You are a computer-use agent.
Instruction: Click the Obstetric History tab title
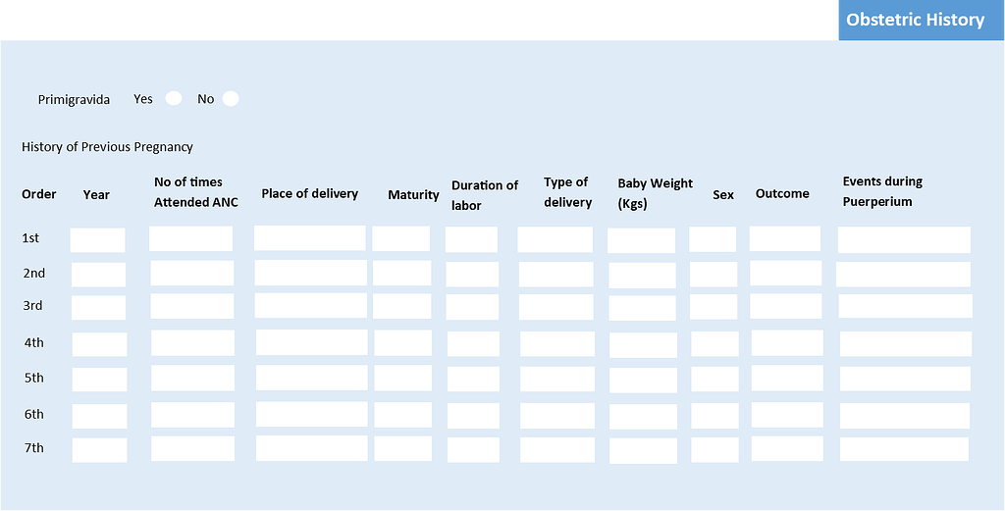pyautogui.click(x=915, y=20)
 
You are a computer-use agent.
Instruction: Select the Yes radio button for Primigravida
pyautogui.click(x=174, y=98)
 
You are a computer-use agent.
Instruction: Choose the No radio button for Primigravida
pyautogui.click(x=231, y=98)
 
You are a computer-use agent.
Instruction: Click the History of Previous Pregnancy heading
pyautogui.click(x=107, y=147)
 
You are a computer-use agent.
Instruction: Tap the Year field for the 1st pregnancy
pyautogui.click(x=97, y=240)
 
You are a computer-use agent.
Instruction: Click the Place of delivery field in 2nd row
pyautogui.click(x=310, y=273)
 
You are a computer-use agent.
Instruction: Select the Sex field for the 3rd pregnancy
pyautogui.click(x=714, y=307)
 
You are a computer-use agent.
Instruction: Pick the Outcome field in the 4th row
pyautogui.click(x=787, y=342)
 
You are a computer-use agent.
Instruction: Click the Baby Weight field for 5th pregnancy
pyautogui.click(x=643, y=380)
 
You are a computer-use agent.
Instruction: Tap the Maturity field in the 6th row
pyautogui.click(x=402, y=415)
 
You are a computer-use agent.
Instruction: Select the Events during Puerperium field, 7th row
pyautogui.click(x=904, y=449)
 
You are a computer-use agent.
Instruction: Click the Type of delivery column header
pyautogui.click(x=567, y=192)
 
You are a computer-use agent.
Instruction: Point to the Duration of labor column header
pyautogui.click(x=484, y=195)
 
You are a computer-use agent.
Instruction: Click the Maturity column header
pyautogui.click(x=413, y=195)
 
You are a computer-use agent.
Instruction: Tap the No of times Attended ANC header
pyautogui.click(x=195, y=192)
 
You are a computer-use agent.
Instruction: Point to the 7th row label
pyautogui.click(x=34, y=448)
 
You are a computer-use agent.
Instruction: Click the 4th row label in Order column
pyautogui.click(x=34, y=342)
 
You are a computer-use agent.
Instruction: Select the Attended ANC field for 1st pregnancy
pyautogui.click(x=191, y=238)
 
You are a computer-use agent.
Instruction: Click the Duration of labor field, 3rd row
pyautogui.click(x=472, y=307)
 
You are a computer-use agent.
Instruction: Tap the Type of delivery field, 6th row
pyautogui.click(x=556, y=415)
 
